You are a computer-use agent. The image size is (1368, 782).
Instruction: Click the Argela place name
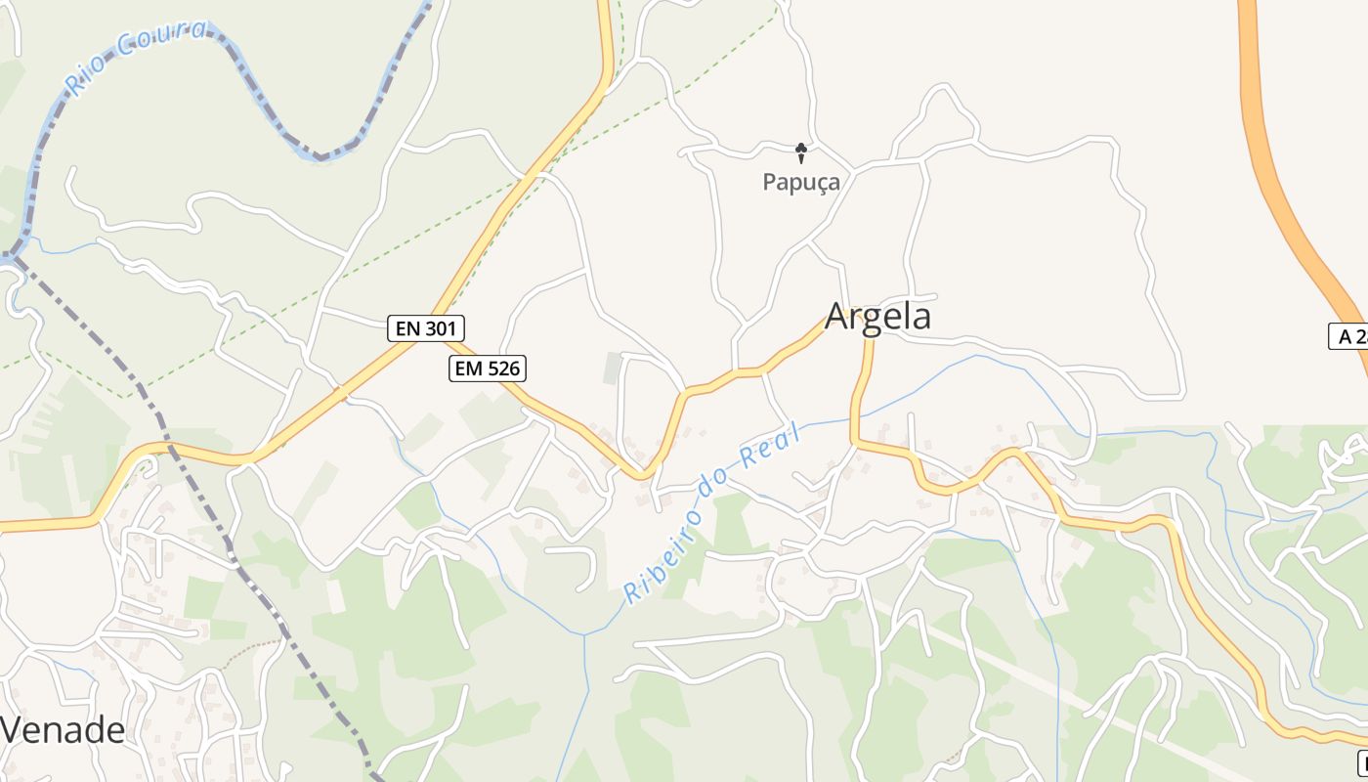pos(877,317)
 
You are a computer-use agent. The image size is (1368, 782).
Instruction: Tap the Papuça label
pos(800,182)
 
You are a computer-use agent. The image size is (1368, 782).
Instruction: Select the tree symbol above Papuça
pos(801,152)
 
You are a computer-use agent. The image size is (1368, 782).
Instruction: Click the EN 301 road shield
pos(426,328)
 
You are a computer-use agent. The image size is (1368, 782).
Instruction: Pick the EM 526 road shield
pos(488,369)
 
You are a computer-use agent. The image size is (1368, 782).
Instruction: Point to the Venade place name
pos(63,730)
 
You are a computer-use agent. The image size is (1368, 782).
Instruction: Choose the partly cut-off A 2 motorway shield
pos(1349,336)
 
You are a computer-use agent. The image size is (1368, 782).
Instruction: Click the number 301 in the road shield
pos(439,328)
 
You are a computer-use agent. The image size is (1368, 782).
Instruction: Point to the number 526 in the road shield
pos(500,369)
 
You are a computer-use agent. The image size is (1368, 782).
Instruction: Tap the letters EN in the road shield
pos(408,328)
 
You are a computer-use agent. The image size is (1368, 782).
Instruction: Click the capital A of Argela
pos(837,317)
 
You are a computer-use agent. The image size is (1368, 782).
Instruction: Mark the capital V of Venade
pos(12,730)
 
